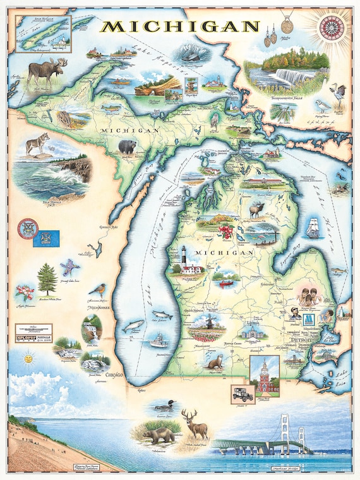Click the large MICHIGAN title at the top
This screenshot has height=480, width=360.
coord(181,27)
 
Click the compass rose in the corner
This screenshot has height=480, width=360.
coord(330,27)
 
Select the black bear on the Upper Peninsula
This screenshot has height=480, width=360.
coord(127,147)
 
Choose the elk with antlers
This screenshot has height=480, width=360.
coord(256,210)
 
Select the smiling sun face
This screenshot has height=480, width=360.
coord(27,358)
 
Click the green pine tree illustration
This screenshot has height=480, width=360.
coord(46,279)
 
